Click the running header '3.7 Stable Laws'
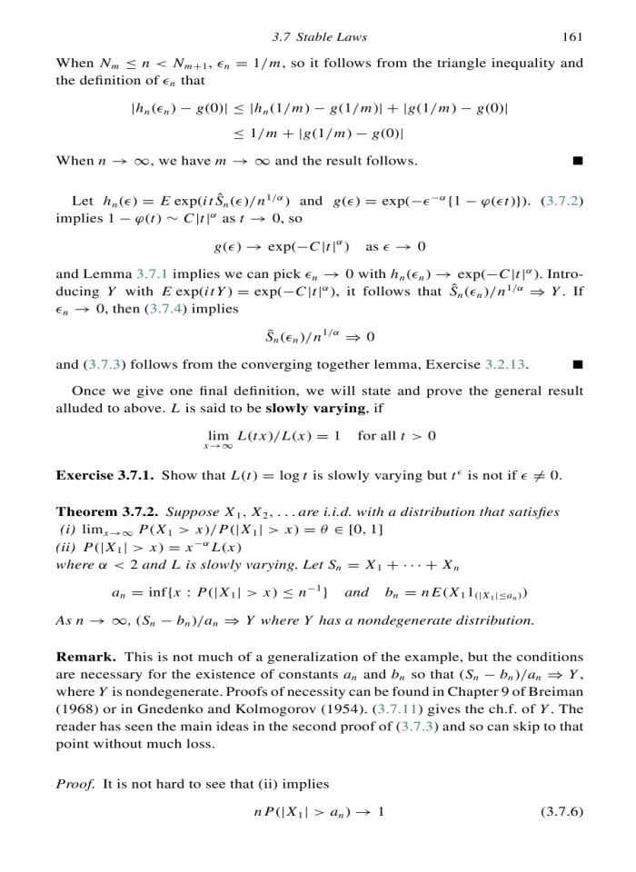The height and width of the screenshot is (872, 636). click(319, 36)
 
